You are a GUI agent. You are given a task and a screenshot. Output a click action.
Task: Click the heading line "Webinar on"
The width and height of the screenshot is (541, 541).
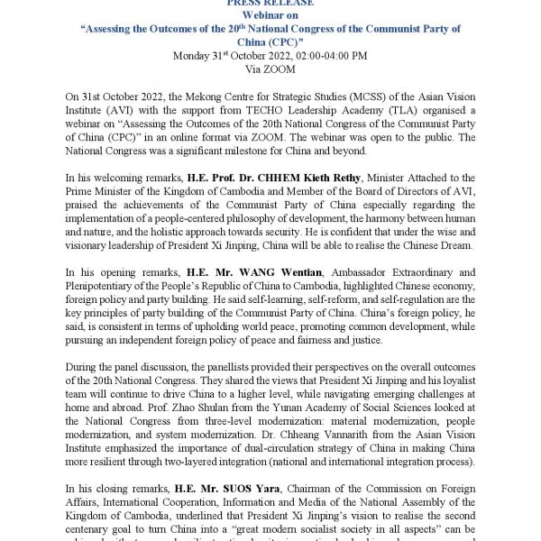(270, 15)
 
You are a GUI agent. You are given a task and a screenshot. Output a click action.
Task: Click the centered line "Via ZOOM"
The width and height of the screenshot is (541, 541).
(270, 68)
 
